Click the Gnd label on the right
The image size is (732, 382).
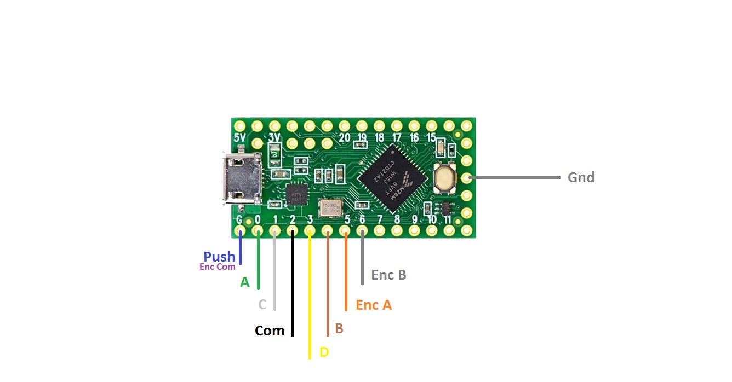pos(581,177)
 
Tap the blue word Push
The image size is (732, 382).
pos(219,256)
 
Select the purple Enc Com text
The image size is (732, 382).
pos(218,267)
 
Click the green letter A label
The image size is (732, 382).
pos(245,282)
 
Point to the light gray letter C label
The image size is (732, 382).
pos(262,304)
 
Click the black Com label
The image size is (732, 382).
pos(270,331)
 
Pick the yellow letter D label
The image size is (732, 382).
pos(324,352)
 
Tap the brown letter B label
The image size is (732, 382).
pos(339,328)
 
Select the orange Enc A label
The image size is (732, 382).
pos(374,305)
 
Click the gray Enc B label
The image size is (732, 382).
pos(388,275)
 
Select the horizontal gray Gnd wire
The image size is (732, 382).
pos(515,178)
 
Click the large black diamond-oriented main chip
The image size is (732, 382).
pos(392,178)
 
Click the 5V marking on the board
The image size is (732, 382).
pos(239,137)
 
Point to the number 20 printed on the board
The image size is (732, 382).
pos(344,137)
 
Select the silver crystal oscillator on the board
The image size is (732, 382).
pos(330,208)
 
